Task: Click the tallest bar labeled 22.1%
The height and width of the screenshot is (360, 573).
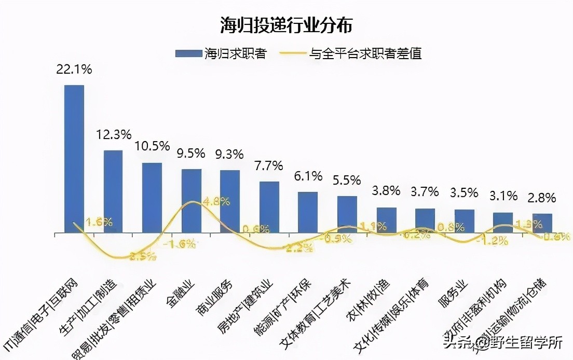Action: click(74, 159)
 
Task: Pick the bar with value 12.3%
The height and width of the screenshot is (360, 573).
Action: click(113, 191)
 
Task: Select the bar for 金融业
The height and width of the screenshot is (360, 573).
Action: click(191, 201)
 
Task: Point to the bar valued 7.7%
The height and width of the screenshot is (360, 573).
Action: click(269, 207)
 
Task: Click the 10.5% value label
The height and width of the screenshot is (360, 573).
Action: click(152, 146)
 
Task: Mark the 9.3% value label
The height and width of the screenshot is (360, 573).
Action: click(230, 154)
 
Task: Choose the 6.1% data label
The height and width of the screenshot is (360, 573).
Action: click(308, 176)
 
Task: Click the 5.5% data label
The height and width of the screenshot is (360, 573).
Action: click(347, 180)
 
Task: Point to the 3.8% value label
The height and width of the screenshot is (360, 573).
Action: click(386, 191)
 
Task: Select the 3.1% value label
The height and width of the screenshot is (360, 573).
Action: click(503, 196)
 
